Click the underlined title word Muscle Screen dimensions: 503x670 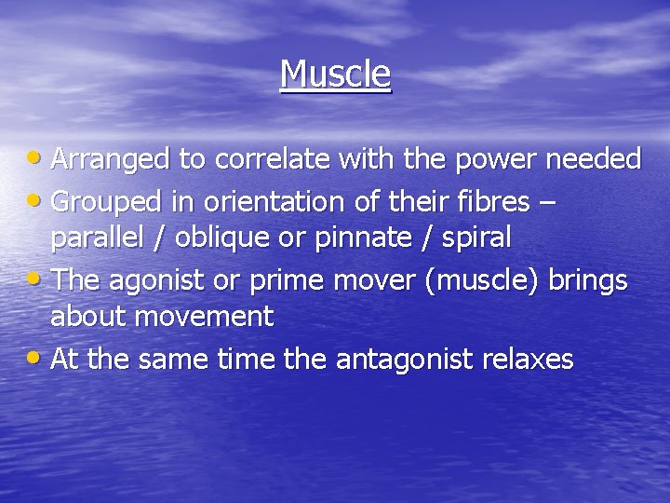click(335, 74)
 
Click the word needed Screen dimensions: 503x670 click(593, 160)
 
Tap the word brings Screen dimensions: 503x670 click(587, 279)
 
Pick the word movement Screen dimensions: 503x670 click(204, 318)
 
